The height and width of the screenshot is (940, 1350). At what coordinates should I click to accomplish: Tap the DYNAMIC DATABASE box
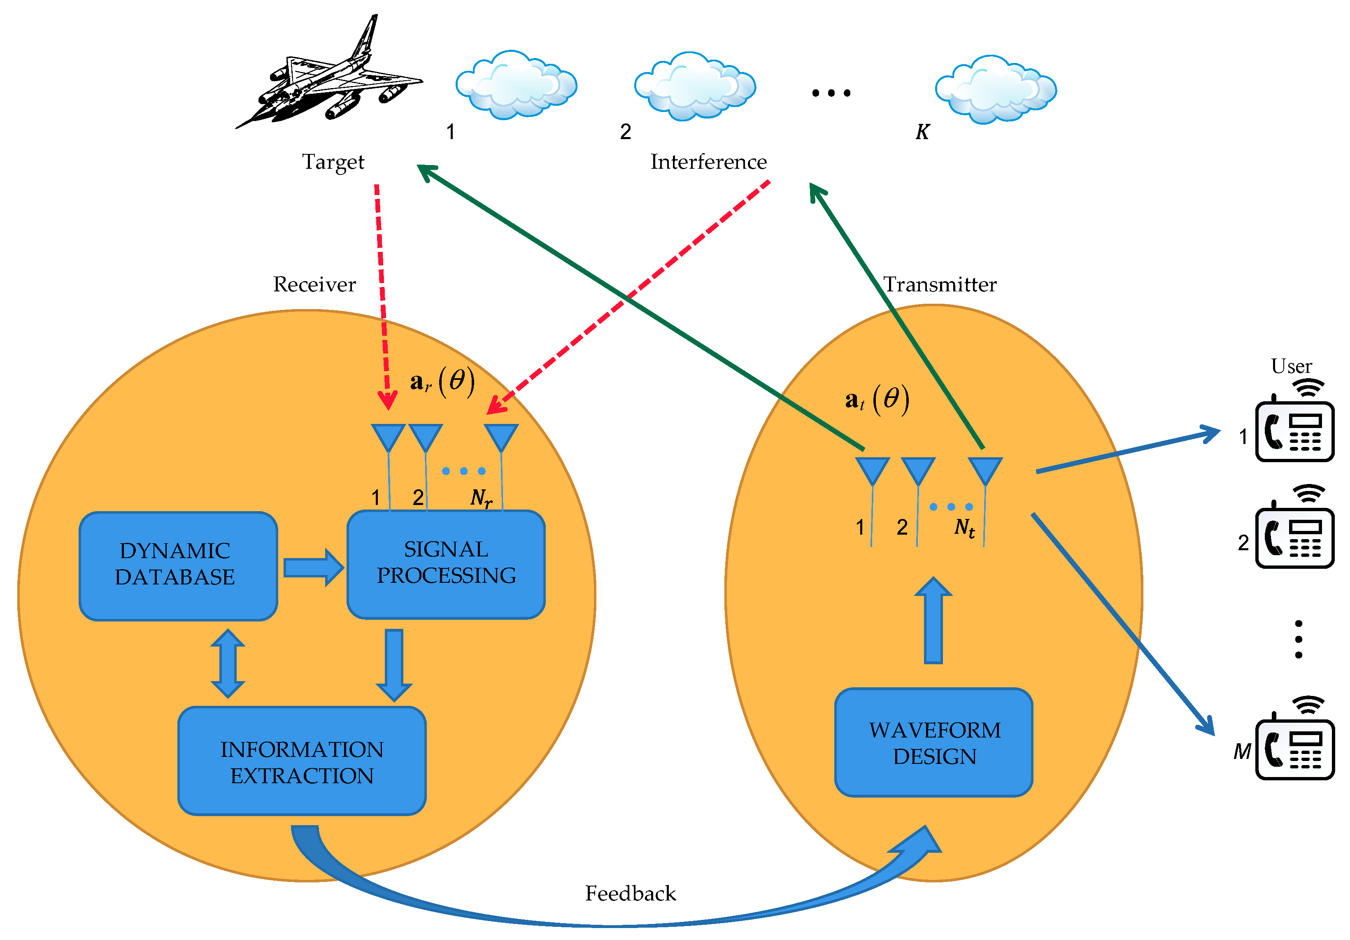tap(177, 565)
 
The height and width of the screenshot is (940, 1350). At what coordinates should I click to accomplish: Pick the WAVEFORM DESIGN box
tap(934, 742)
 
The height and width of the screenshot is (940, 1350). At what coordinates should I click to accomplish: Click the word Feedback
tap(630, 893)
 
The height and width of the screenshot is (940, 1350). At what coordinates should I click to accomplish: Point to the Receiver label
tap(314, 284)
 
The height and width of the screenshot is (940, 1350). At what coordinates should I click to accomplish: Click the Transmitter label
tap(940, 284)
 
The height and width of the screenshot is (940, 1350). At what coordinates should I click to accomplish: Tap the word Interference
tap(708, 162)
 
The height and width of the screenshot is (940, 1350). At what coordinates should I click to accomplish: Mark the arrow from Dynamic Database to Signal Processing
tap(313, 567)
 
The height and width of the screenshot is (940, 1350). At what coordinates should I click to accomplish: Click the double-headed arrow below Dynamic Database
tap(228, 663)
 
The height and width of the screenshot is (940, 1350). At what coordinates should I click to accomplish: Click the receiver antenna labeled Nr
tap(500, 438)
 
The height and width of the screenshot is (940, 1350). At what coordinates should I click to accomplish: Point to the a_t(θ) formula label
tap(877, 400)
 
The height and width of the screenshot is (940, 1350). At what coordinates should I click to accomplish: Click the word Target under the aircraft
tap(333, 162)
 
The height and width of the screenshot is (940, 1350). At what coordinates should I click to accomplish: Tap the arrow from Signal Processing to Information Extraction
tap(393, 664)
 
